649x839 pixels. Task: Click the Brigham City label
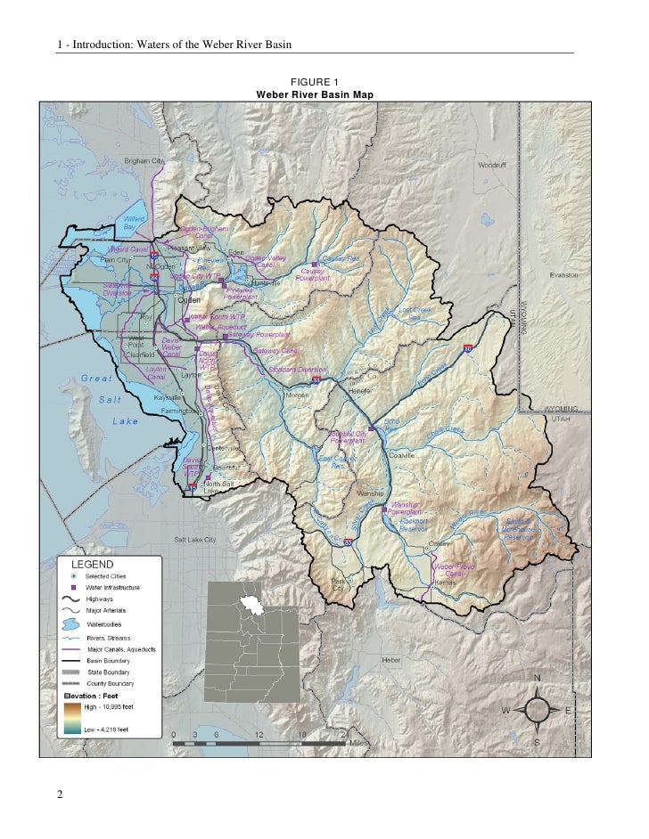point(144,160)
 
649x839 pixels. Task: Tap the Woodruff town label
point(493,166)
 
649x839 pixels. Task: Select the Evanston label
point(564,275)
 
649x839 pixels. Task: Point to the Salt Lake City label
point(194,541)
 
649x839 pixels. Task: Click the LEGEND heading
point(91,565)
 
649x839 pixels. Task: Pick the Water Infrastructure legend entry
point(112,588)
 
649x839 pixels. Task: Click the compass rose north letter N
point(537,678)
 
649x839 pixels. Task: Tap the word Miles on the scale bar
point(358,742)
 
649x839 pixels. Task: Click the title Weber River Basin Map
point(315,94)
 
